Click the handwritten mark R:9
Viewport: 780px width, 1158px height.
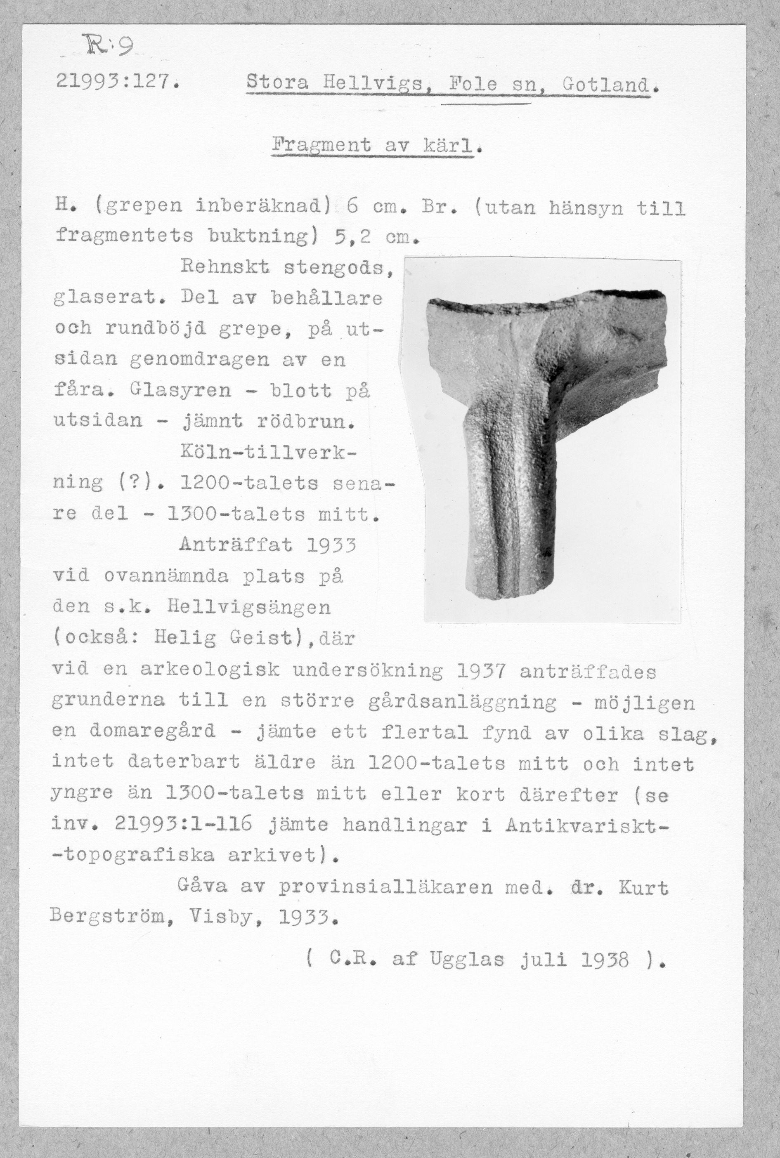113,48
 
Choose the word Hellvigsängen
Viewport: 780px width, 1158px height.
249,607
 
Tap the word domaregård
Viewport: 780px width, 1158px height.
153,732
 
